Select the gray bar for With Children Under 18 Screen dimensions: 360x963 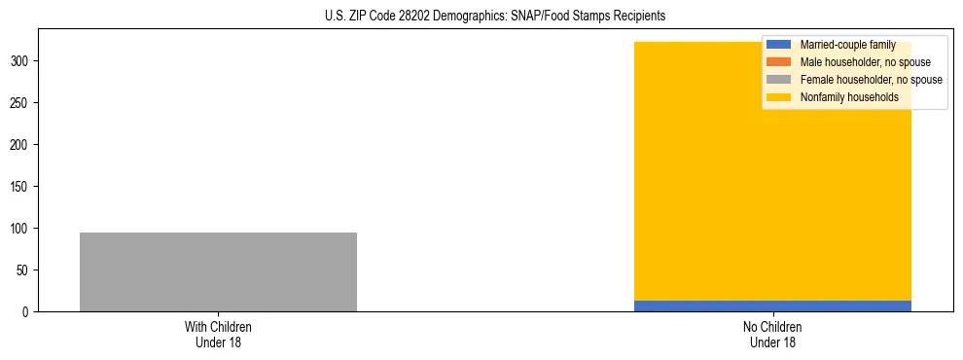218,271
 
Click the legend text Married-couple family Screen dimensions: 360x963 847,45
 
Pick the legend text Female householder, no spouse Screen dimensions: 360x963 871,80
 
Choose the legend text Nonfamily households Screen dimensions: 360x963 848,97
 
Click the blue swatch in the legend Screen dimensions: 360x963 779,45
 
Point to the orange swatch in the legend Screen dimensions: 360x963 779,62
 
